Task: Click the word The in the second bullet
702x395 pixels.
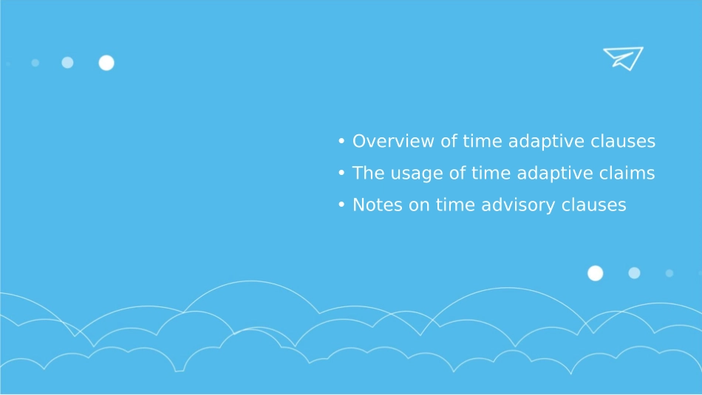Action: point(369,173)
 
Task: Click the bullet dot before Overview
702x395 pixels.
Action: point(341,141)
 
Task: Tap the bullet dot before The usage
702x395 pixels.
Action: point(341,173)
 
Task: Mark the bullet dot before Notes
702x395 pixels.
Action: point(341,205)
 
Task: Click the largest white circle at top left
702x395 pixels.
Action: point(106,63)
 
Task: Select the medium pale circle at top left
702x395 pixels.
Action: point(67,63)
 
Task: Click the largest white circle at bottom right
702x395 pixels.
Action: point(596,273)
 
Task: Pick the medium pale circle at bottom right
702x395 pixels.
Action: point(635,273)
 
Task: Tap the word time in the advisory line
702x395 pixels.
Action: point(455,205)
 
